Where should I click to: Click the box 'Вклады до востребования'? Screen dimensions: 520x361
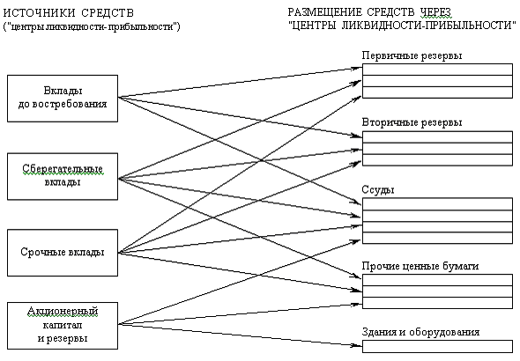pyautogui.click(x=63, y=99)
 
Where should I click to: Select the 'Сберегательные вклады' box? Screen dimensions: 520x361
pyautogui.click(x=63, y=176)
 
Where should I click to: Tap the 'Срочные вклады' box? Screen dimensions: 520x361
pyautogui.click(x=63, y=253)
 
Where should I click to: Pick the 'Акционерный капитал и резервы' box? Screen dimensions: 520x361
pyautogui.click(x=63, y=325)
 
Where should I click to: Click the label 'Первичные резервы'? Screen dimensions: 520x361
pyautogui.click(x=412, y=55)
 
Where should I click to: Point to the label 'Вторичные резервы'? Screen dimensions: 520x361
pyautogui.click(x=412, y=122)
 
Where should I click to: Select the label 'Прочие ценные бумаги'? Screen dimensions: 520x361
pyautogui.click(x=420, y=266)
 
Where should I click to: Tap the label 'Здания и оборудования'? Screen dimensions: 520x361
pyautogui.click(x=420, y=332)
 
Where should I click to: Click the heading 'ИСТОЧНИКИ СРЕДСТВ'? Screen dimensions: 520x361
pyautogui.click(x=69, y=13)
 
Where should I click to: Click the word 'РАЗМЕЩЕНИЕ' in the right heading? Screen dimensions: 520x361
pyautogui.click(x=324, y=12)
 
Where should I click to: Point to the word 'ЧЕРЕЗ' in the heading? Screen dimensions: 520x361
pyautogui.click(x=435, y=12)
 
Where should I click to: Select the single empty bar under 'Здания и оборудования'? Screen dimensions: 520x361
pyautogui.click(x=437, y=346)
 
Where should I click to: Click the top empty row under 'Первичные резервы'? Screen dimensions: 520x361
pyautogui.click(x=437, y=70)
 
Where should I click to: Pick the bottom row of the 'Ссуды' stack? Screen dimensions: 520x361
pyautogui.click(x=437, y=238)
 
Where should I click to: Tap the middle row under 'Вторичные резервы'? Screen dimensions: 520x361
pyautogui.click(x=437, y=149)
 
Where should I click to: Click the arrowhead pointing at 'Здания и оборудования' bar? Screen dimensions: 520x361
pyautogui.click(x=358, y=346)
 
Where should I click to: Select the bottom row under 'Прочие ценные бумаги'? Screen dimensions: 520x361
pyautogui.click(x=437, y=303)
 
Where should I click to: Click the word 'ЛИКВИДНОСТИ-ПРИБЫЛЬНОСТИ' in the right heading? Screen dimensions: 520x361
pyautogui.click(x=427, y=26)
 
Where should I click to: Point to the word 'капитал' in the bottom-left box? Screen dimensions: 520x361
pyautogui.click(x=63, y=325)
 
